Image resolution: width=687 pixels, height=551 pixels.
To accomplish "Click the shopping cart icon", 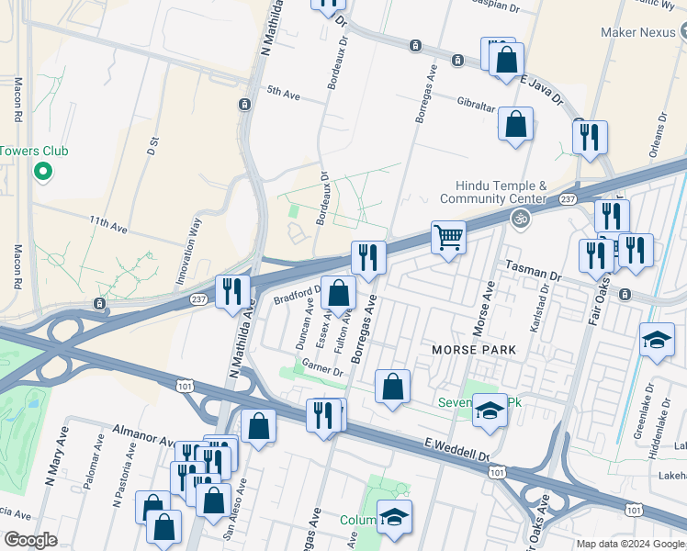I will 448,237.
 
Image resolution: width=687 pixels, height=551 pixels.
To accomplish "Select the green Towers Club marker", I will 41,171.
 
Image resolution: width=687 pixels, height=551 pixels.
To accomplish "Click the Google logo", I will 30,540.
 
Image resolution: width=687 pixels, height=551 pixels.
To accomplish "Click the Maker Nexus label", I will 643,32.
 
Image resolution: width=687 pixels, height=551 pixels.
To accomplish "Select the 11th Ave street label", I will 107,224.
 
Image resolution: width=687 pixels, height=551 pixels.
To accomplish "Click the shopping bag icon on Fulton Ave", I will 338,294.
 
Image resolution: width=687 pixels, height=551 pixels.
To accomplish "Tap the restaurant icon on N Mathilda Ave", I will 232,291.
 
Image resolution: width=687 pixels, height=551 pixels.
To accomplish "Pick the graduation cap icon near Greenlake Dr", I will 657,340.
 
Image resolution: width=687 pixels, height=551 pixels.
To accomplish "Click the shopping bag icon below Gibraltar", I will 515,123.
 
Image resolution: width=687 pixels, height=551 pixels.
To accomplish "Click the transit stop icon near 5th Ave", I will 244,105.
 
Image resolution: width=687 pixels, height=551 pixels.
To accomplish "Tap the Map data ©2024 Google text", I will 630,544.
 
